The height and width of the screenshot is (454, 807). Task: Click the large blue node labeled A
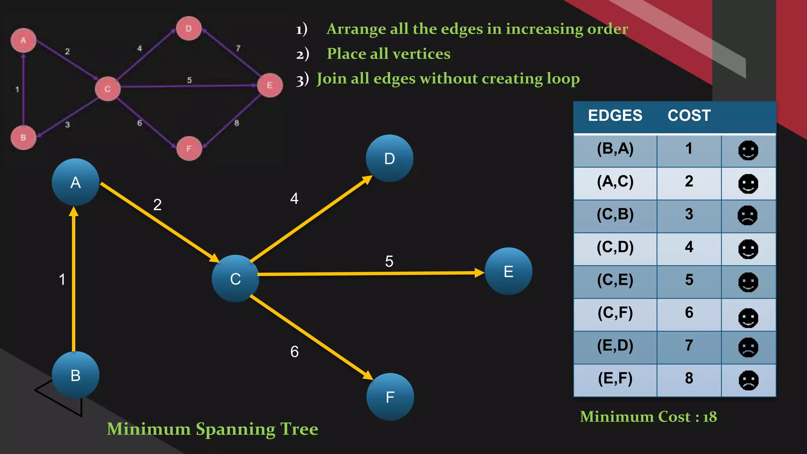tap(75, 182)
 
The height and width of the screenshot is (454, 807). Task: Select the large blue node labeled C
tap(235, 279)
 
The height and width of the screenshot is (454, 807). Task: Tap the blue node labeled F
tap(390, 397)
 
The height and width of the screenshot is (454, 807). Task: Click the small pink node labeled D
tap(189, 28)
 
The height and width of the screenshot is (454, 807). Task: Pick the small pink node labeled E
tap(270, 85)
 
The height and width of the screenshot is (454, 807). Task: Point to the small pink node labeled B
tap(23, 138)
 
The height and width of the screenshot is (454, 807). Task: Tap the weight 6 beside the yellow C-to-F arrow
tap(294, 352)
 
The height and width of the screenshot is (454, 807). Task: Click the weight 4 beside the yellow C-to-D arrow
tap(294, 198)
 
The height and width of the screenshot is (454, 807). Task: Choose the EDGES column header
tap(615, 115)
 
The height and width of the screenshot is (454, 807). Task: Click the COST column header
tap(689, 115)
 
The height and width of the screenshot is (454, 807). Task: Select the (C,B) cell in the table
tap(615, 214)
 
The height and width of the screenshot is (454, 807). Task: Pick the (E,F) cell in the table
tap(615, 378)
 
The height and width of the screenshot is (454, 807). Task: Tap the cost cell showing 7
tap(689, 346)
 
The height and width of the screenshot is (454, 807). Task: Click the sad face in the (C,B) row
tap(747, 216)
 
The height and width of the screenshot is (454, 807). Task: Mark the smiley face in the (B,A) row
tap(748, 150)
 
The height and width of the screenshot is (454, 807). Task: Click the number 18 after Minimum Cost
tap(710, 417)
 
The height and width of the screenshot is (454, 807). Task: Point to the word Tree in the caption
tap(299, 429)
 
